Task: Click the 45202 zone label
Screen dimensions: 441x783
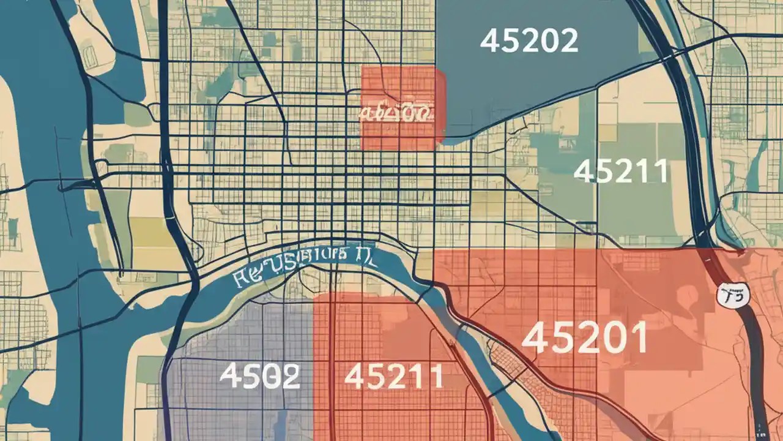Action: (x=529, y=41)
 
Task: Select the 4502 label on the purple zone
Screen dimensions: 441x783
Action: (x=259, y=375)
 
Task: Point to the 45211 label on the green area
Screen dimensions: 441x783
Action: (x=620, y=171)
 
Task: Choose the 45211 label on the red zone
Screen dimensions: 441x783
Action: (x=393, y=376)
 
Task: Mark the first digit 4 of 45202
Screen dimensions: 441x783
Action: (x=491, y=41)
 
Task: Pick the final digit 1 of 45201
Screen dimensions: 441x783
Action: (x=639, y=338)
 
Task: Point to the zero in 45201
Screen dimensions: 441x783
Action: (x=614, y=338)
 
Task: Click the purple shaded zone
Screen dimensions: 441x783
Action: (x=239, y=343)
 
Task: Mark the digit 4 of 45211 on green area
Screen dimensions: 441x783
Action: (x=585, y=171)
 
